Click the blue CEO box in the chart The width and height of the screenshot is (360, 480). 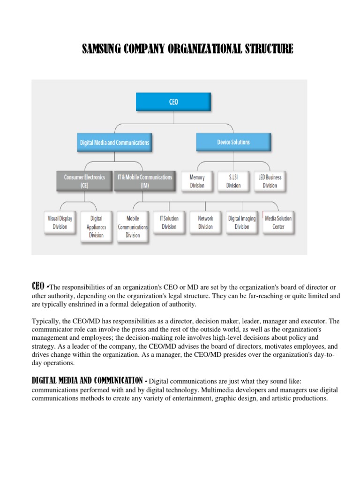point(173,102)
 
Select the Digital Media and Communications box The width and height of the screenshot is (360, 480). point(114,142)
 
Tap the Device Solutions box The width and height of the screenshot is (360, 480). point(233,142)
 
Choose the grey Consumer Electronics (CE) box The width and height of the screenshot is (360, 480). point(84,181)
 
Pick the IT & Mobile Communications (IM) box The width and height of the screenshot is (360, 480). point(143,181)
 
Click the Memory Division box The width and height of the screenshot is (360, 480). point(197,181)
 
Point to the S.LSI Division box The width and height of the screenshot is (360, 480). point(233,181)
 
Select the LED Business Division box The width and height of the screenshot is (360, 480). point(270,181)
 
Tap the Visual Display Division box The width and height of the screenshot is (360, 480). point(60,223)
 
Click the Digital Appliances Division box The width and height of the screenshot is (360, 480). point(96,226)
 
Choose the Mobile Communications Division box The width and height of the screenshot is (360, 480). point(133,226)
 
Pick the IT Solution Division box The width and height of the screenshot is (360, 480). point(169,223)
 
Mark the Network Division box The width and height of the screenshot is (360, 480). point(205,223)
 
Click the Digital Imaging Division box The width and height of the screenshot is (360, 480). point(242,223)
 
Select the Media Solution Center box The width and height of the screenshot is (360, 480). point(278,223)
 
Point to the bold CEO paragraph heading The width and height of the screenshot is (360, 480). point(38,286)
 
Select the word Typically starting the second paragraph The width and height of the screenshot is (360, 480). point(45,321)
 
